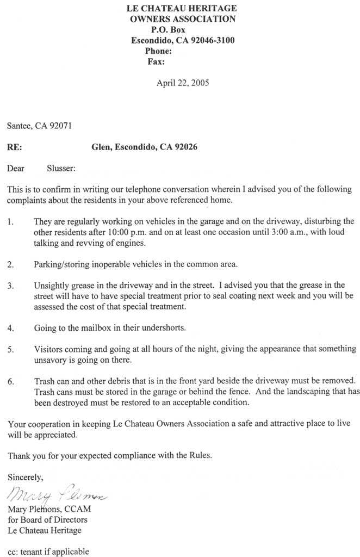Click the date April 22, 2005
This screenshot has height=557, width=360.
tap(183, 83)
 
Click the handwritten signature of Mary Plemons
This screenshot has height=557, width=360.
tap(57, 496)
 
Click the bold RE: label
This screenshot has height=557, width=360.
tap(15, 147)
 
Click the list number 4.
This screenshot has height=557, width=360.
tap(11, 328)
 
